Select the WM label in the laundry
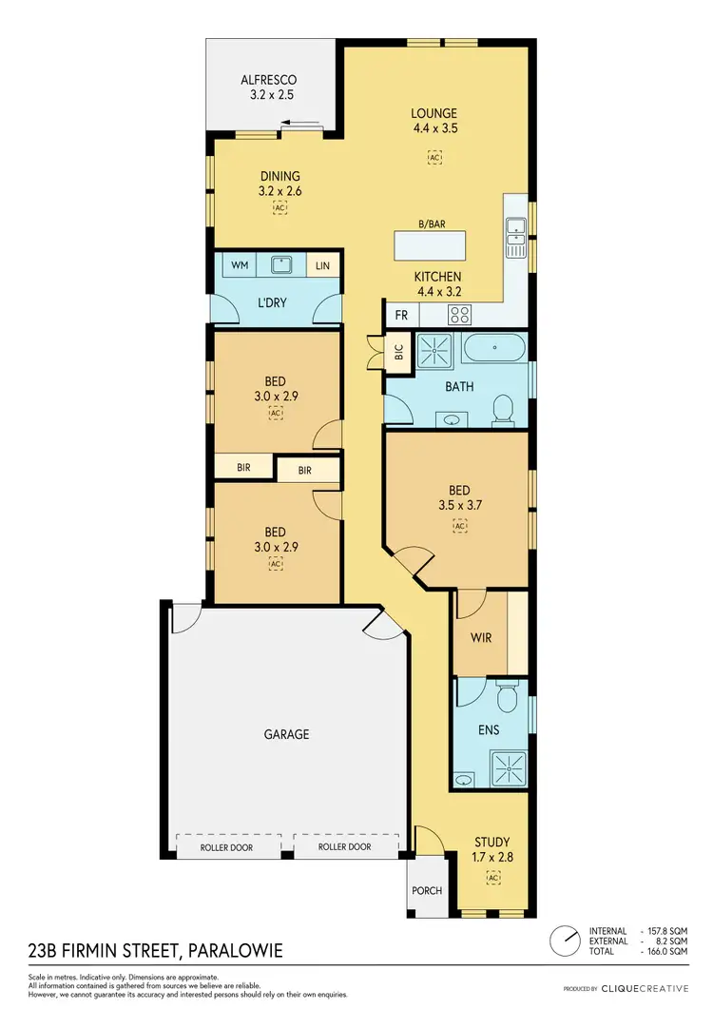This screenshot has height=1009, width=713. point(240,265)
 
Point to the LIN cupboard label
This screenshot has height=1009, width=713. point(322,265)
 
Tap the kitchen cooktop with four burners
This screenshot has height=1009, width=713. point(460,315)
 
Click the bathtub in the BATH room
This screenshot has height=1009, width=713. point(492,349)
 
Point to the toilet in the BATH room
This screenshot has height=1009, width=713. point(503,410)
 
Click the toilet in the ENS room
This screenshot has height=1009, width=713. point(509,700)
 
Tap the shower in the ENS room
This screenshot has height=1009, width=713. point(506,765)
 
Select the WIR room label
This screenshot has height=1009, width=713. point(481,637)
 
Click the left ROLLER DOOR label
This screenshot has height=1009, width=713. point(226,846)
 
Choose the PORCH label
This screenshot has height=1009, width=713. point(427,891)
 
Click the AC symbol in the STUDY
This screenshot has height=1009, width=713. point(491,876)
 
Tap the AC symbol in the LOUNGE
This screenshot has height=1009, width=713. point(434,159)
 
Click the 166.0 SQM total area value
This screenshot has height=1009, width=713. point(668,951)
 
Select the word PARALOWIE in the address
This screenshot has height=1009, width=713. point(236,951)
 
